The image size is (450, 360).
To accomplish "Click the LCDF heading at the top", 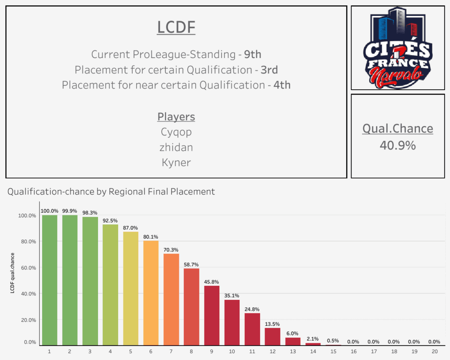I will click(176, 28).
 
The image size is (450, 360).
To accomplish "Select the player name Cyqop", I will click(176, 132).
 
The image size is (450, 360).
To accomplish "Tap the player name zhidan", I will click(176, 147).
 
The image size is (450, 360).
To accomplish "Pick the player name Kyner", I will click(176, 162).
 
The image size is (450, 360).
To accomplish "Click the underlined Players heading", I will click(176, 117).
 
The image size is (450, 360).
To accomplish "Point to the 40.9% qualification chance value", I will click(398, 145).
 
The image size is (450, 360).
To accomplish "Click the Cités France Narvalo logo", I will click(397, 47).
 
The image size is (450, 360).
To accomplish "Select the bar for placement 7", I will click(171, 299).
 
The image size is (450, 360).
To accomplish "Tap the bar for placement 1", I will click(50, 280).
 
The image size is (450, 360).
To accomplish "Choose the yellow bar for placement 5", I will click(131, 288).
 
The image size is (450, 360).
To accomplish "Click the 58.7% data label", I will click(191, 265).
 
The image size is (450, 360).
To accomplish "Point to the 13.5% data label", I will click(272, 324).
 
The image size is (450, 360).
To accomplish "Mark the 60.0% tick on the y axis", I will click(27, 268).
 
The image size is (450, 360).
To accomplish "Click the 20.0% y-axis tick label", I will click(27, 320).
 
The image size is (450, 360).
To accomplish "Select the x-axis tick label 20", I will click(434, 352).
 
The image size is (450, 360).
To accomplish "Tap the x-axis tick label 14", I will click(313, 352).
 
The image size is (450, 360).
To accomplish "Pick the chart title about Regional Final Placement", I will click(111, 192).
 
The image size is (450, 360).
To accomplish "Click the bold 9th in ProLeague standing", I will click(253, 55).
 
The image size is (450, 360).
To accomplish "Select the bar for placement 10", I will click(232, 322).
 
